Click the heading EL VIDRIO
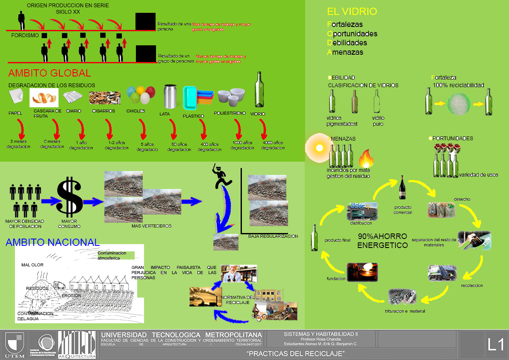coord(352,12)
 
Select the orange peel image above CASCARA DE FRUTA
coord(44,97)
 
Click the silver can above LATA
coord(171,97)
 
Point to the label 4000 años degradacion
coord(273,145)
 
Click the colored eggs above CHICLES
coord(141,95)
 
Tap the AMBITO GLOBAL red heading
coord(50,73)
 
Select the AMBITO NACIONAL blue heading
coord(53,242)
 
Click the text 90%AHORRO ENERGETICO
coord(382,241)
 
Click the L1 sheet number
coord(496,345)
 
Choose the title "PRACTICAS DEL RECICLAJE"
coord(295,354)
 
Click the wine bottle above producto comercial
coord(402,189)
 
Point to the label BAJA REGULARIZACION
coord(273,236)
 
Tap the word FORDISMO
coord(25,35)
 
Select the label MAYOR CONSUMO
coord(69,224)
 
